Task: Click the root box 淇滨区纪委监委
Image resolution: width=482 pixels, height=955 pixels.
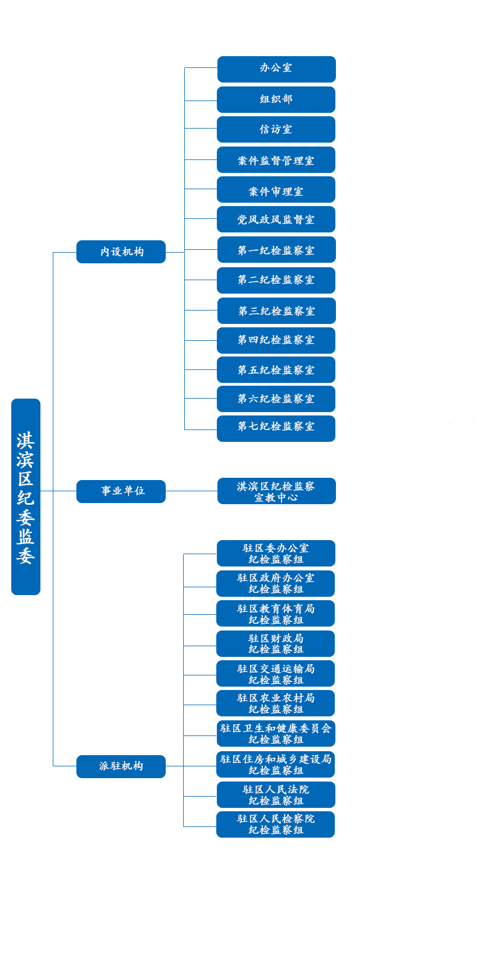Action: pyautogui.click(x=26, y=497)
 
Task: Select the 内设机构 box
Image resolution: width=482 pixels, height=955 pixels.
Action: pyautogui.click(x=121, y=252)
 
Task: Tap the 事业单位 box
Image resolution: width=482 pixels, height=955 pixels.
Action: pyautogui.click(x=121, y=491)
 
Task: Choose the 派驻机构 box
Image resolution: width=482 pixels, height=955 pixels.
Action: pyautogui.click(x=121, y=766)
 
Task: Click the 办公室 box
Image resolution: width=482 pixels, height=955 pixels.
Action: pyautogui.click(x=276, y=69)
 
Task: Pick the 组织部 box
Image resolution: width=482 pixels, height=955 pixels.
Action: pyautogui.click(x=276, y=100)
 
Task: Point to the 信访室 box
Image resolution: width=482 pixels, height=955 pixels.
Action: pyautogui.click(x=276, y=129)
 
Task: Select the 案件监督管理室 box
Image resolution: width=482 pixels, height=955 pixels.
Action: pyautogui.click(x=276, y=160)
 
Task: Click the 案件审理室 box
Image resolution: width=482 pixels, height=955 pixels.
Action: pyautogui.click(x=276, y=190)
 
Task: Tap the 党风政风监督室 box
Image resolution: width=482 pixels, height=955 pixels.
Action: pyautogui.click(x=276, y=219)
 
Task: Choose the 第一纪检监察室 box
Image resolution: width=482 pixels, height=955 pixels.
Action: pyautogui.click(x=276, y=249)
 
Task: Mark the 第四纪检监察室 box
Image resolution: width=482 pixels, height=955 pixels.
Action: pyautogui.click(x=276, y=340)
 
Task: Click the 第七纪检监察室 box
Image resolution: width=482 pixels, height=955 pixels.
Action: pyautogui.click(x=276, y=428)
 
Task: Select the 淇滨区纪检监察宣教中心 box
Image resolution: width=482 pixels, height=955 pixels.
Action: pyautogui.click(x=276, y=491)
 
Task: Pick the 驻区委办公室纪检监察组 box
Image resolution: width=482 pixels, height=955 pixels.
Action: pyautogui.click(x=276, y=554)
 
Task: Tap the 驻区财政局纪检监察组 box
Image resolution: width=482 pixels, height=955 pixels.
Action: pyautogui.click(x=276, y=643)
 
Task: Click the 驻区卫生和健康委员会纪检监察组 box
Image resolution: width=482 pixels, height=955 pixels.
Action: pyautogui.click(x=276, y=734)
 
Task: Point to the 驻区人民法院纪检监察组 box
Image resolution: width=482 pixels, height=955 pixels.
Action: pyautogui.click(x=276, y=794)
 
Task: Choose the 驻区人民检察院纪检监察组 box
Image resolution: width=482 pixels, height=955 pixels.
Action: pyautogui.click(x=276, y=825)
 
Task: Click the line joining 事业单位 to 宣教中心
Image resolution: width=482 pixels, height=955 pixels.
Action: pyautogui.click(x=192, y=491)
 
